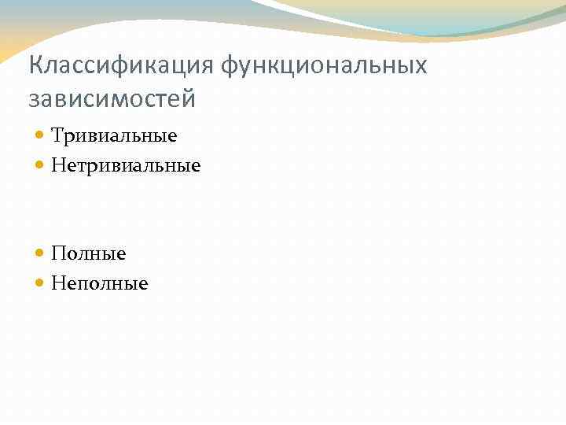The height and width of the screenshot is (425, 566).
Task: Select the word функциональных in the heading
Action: tap(324, 65)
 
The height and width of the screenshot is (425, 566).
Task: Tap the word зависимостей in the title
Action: tap(112, 100)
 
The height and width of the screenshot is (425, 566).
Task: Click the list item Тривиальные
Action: tap(114, 136)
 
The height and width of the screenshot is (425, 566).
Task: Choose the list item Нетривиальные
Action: tap(126, 166)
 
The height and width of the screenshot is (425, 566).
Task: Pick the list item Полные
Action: tap(88, 253)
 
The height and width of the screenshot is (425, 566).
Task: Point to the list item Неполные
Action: tap(99, 283)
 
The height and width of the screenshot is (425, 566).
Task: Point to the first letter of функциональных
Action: tap(230, 66)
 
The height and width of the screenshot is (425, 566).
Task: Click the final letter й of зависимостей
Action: tap(188, 98)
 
